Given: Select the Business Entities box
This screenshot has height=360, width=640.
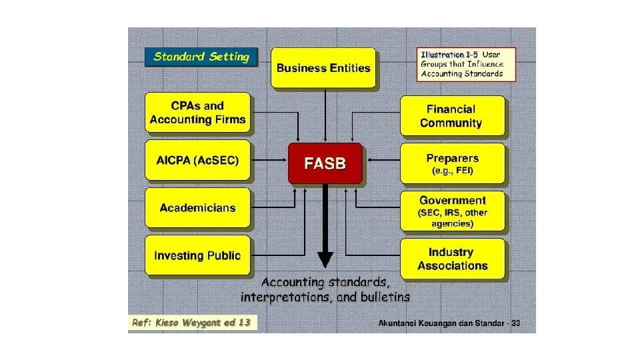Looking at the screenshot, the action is click(x=323, y=67).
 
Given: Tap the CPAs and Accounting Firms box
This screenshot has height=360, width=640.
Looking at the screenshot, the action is click(x=198, y=113).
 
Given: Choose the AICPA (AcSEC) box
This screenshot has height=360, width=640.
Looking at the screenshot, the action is click(x=198, y=161).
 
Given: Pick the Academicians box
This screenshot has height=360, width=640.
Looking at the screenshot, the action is click(x=198, y=208).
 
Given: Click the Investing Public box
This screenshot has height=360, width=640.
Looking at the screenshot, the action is click(x=198, y=255).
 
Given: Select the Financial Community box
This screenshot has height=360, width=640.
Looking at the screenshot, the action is click(x=451, y=116).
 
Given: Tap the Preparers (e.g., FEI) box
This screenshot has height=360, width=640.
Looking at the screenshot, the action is click(x=453, y=164).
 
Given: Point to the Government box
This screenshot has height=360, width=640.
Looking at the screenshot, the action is click(x=453, y=211).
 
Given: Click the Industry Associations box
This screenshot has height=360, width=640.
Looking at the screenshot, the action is click(x=453, y=259).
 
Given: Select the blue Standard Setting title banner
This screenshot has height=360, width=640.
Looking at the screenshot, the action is click(x=201, y=57).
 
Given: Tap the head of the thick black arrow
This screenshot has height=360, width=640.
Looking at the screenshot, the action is click(x=325, y=258).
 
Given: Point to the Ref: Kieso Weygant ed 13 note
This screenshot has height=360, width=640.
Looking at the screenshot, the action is click(x=191, y=323).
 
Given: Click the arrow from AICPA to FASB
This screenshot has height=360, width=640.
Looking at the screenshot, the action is click(x=269, y=161).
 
